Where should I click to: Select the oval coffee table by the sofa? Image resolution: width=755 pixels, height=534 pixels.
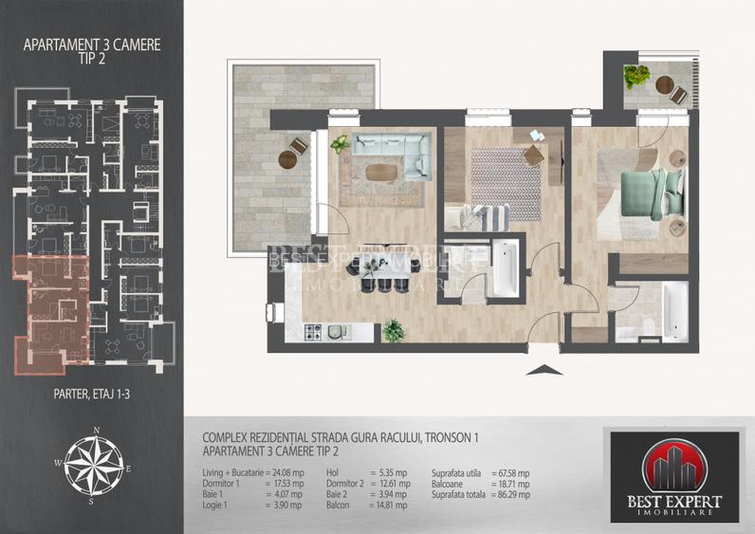[383, 172]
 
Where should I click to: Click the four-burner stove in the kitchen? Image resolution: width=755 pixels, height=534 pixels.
[315, 332]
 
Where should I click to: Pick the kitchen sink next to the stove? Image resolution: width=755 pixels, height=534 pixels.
[338, 332]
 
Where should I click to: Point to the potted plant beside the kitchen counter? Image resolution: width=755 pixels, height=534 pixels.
[392, 331]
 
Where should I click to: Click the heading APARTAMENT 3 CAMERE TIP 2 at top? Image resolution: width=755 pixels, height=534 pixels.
[91, 49]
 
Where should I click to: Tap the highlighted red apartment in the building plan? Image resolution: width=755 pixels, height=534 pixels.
[52, 313]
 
